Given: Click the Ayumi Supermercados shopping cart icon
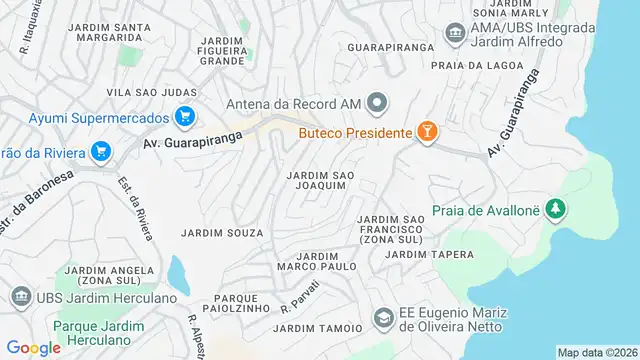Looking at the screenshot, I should (184, 117).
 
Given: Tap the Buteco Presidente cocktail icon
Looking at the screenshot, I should (428, 132).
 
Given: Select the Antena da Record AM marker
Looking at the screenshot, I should (377, 102).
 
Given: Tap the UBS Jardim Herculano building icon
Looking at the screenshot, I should (20, 298).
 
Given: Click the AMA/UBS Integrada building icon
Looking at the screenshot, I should (455, 35).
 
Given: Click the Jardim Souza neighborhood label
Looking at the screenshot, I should (222, 233).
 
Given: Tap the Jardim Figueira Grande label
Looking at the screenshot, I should (222, 50).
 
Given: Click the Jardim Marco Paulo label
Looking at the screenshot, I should (317, 262).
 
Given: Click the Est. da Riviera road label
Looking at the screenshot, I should (136, 211).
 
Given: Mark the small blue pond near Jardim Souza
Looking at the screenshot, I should (178, 272).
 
